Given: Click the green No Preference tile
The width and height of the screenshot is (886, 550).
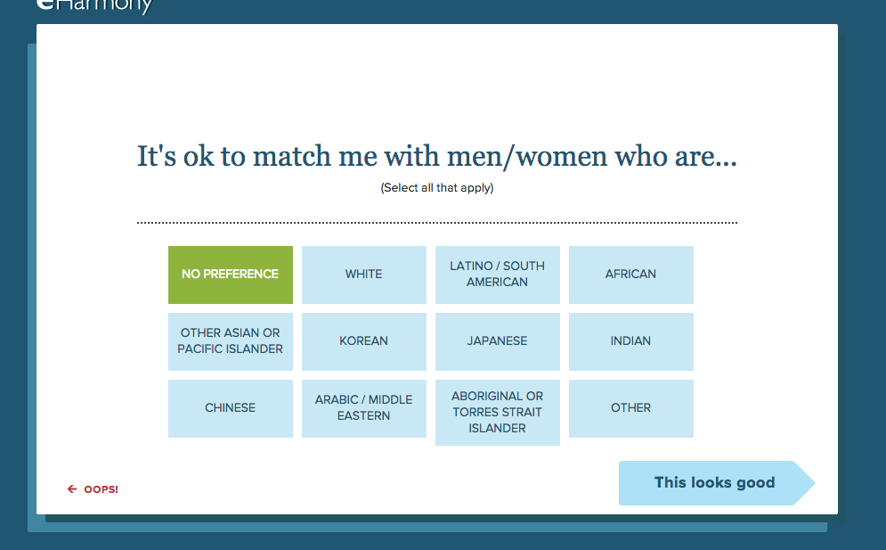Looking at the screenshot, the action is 231,275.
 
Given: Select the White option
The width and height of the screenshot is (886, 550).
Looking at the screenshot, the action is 364,275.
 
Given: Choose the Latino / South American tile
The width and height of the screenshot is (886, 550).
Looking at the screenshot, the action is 497,275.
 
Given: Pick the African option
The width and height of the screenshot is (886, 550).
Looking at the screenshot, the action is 630,275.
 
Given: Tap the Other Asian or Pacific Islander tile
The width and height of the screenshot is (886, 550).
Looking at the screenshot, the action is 231,341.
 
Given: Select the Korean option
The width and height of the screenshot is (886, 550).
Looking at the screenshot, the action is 364,341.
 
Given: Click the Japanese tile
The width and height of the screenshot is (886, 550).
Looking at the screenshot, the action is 497,341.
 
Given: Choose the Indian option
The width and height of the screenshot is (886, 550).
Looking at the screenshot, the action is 630,341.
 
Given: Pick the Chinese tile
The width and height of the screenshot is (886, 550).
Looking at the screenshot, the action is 231,408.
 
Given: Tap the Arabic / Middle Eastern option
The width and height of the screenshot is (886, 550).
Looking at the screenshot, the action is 364,408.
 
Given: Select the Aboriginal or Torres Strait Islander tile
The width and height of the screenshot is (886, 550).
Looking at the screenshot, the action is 497,413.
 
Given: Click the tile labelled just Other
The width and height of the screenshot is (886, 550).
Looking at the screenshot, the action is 630,408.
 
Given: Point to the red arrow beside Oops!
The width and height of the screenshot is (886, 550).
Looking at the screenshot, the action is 72,488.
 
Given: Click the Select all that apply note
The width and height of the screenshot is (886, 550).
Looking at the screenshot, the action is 437,188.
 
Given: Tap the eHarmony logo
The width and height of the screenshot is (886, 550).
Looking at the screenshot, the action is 94,5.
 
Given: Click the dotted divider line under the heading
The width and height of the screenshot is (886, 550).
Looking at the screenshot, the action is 437,223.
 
